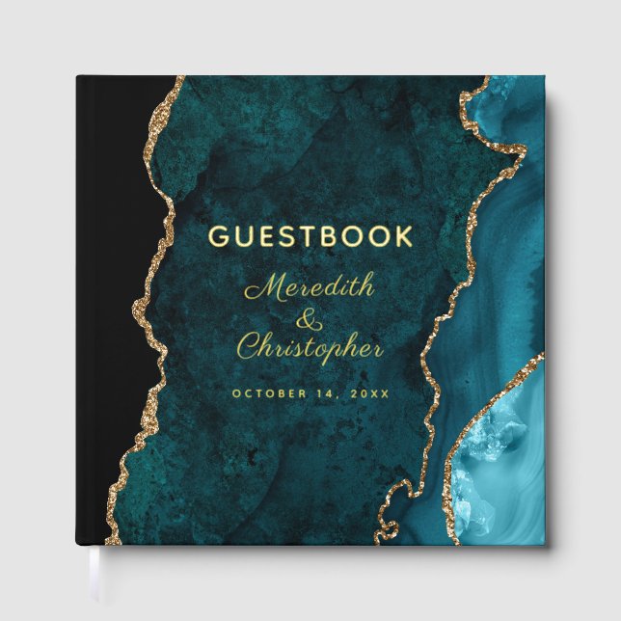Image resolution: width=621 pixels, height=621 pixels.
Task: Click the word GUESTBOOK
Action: [310, 236]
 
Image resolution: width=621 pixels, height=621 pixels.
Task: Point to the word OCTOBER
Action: [271, 393]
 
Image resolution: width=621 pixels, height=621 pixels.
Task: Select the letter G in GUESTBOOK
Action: [218, 236]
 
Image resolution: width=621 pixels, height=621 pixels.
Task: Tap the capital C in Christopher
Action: [249, 346]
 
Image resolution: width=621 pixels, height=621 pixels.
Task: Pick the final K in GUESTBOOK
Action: [402, 236]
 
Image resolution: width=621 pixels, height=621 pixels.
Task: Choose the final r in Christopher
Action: [376, 350]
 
